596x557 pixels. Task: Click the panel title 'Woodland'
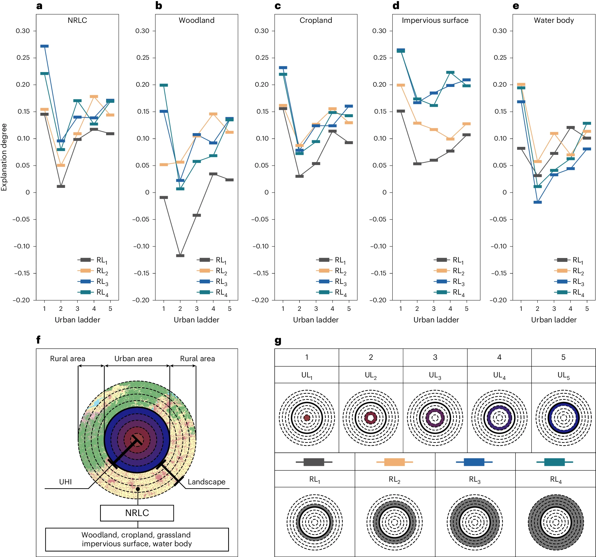coord(196,20)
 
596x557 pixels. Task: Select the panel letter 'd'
coord(396,6)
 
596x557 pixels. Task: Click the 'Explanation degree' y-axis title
coord(4,157)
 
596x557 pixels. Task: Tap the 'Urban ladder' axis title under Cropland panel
coord(315,320)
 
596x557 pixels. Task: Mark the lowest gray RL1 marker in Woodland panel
coord(180,256)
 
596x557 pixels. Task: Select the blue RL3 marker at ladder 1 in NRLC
coord(45,46)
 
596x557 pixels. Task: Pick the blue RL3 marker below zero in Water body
coord(537,202)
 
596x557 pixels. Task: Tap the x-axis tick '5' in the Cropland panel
coord(349,309)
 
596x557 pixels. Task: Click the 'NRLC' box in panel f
coord(137,513)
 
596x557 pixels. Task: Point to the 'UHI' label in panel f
coord(65,482)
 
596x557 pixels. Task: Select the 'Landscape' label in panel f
coord(206,482)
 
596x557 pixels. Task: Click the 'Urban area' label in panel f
coord(133,358)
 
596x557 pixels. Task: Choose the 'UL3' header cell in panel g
coord(435,375)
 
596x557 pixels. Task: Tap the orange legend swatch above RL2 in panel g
coord(394,462)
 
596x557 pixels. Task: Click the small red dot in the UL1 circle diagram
coord(307,418)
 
